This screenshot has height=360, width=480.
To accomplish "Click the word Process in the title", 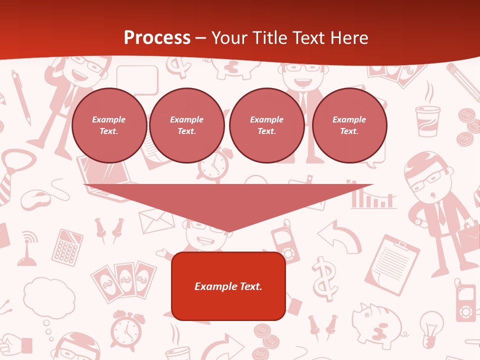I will pyautogui.click(x=157, y=37).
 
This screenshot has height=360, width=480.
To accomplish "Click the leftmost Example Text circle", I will pyautogui.click(x=109, y=125).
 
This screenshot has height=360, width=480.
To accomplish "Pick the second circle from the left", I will pyautogui.click(x=186, y=125).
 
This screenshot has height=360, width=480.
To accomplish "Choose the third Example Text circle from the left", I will pyautogui.click(x=266, y=125).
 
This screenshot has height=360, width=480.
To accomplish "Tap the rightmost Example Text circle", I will pyautogui.click(x=349, y=125).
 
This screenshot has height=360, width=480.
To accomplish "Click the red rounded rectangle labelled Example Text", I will pyautogui.click(x=228, y=286).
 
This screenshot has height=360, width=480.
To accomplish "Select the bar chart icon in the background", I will pyautogui.click(x=372, y=197).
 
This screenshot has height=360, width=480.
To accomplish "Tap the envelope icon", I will pyautogui.click(x=156, y=221).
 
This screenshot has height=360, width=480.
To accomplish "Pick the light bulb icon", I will pyautogui.click(x=431, y=327).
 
